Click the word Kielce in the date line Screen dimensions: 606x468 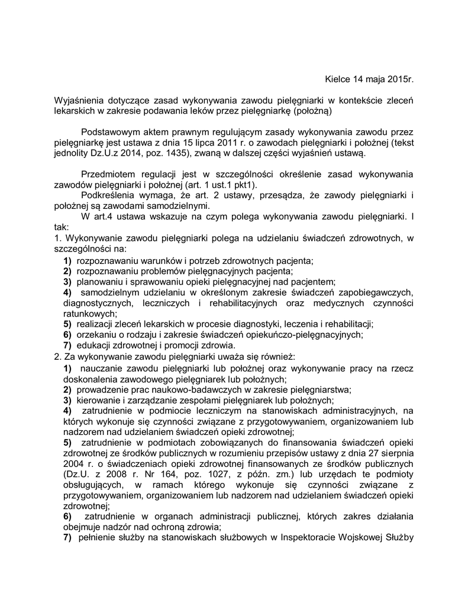[337, 79]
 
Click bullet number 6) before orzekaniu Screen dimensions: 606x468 [67, 334]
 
